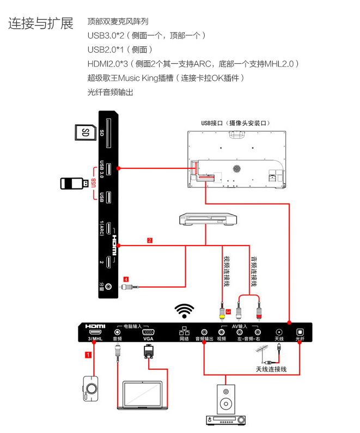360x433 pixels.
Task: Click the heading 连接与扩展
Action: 41,24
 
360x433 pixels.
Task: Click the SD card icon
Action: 84,132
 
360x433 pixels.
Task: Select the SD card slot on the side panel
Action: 109,132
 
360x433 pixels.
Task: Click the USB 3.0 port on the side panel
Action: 109,169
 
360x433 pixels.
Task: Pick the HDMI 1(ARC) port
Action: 109,229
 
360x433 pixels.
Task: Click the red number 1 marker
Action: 87,355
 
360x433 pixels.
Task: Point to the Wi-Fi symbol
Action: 185,310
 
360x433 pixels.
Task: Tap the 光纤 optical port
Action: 299,332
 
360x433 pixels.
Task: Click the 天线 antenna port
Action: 279,332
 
